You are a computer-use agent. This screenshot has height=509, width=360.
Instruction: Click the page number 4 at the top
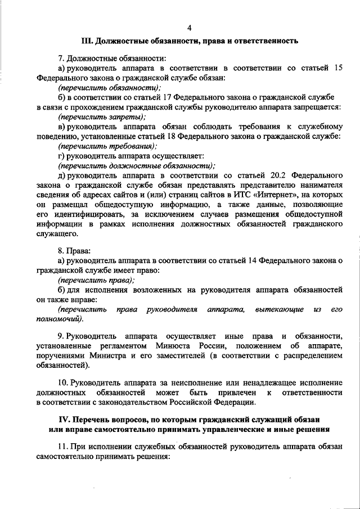click(x=190, y=28)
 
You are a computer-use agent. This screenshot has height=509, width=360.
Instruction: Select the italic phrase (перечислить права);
click(x=96, y=280)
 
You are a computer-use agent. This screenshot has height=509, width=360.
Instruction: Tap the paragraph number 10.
click(x=62, y=382)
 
